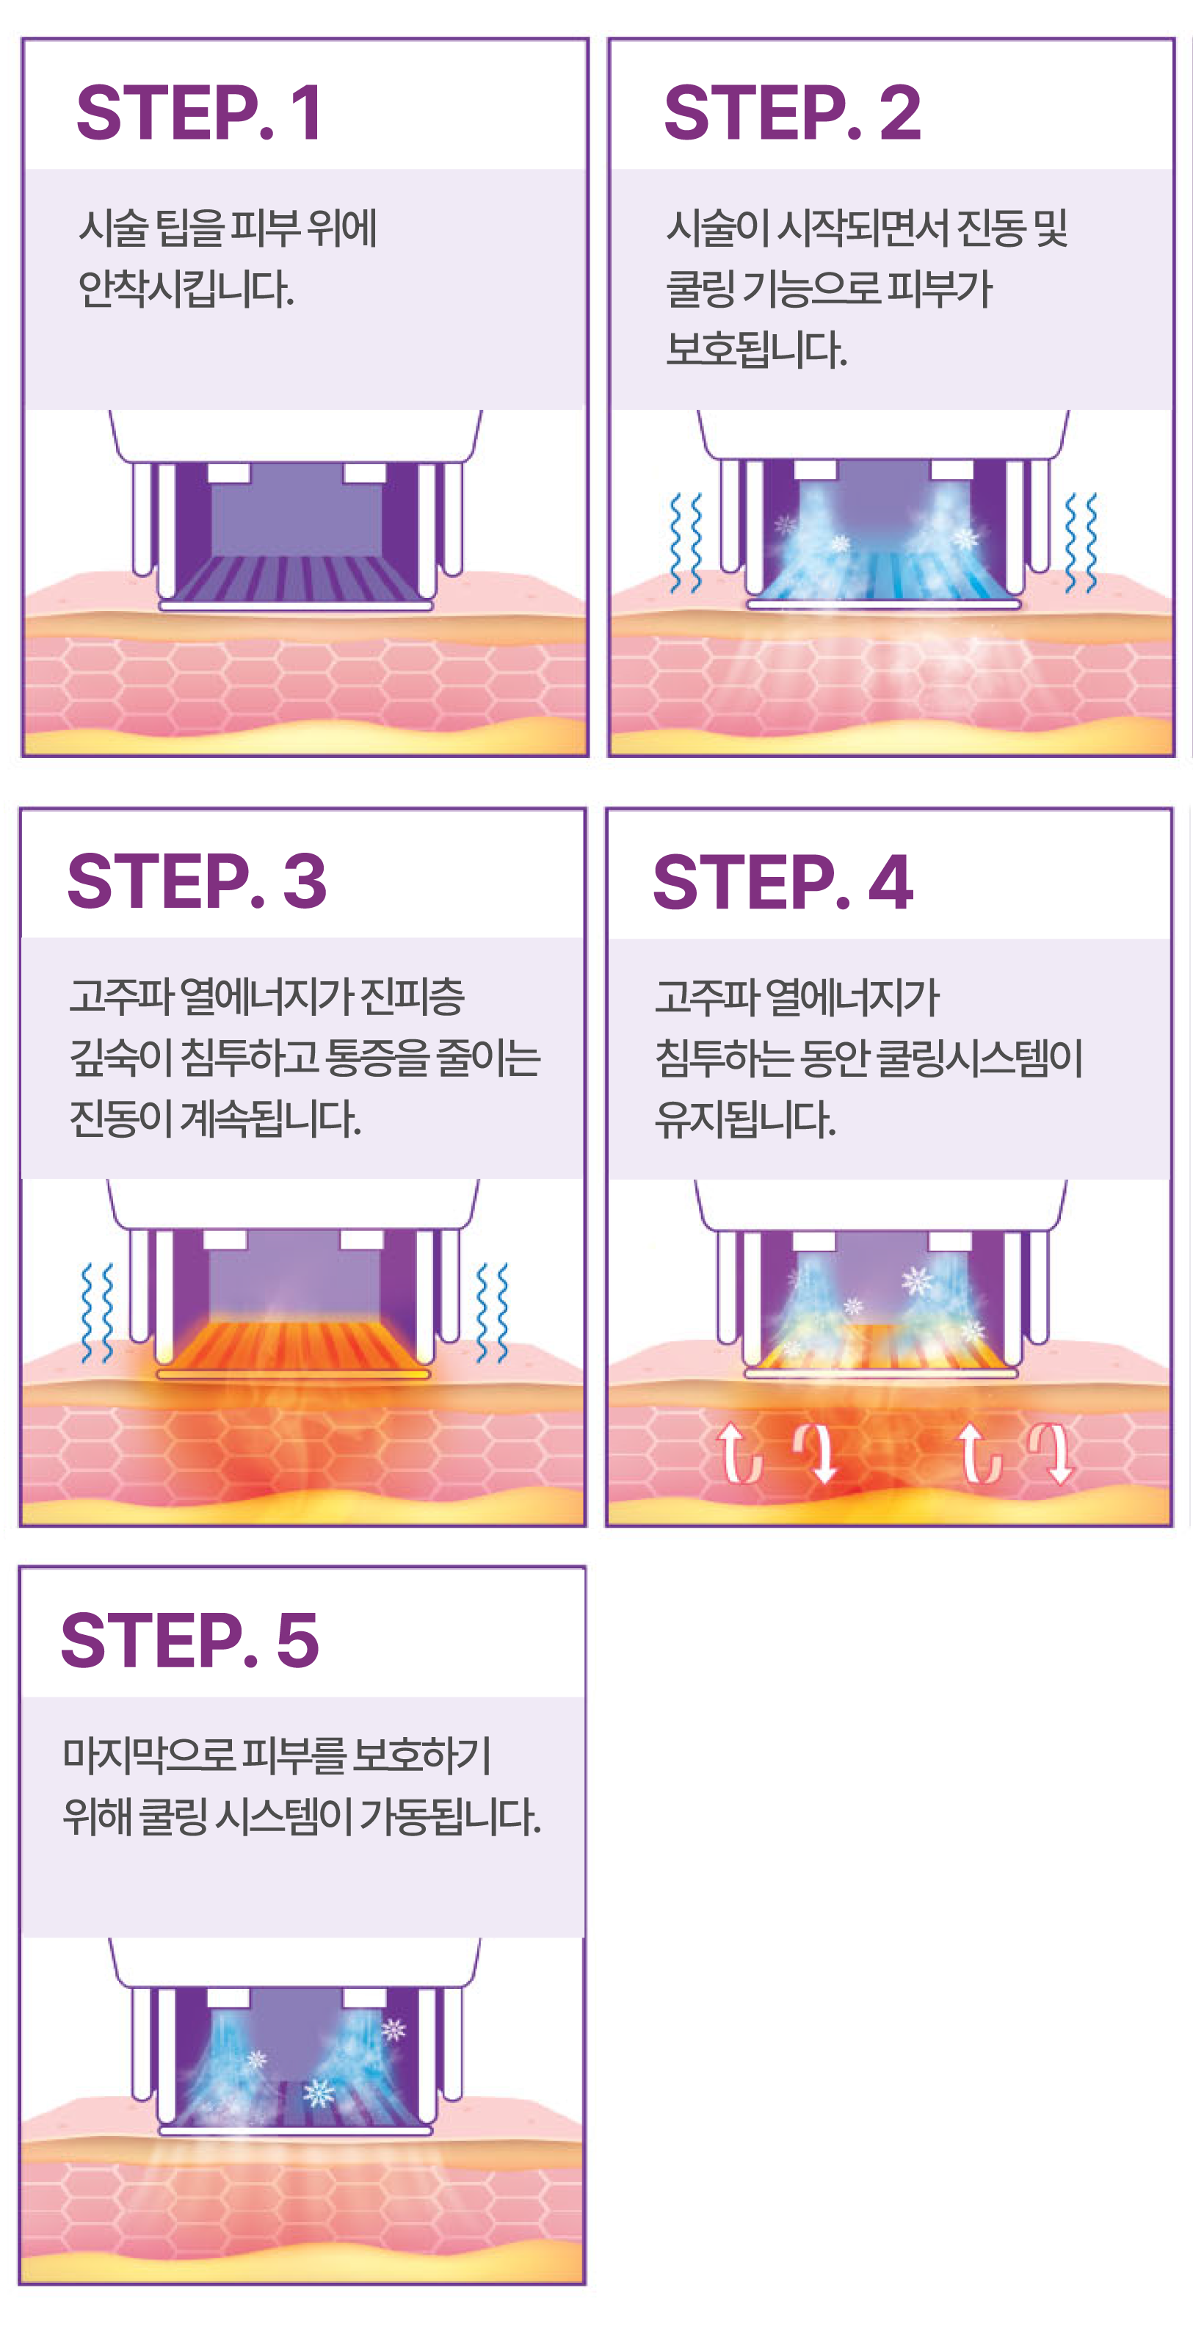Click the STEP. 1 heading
(x=199, y=112)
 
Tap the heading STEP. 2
(x=792, y=112)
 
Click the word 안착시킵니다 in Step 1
(x=186, y=289)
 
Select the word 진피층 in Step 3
(x=413, y=997)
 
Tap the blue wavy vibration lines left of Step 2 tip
(x=685, y=544)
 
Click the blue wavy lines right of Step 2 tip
(x=1081, y=544)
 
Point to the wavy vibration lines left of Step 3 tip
(x=97, y=1313)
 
